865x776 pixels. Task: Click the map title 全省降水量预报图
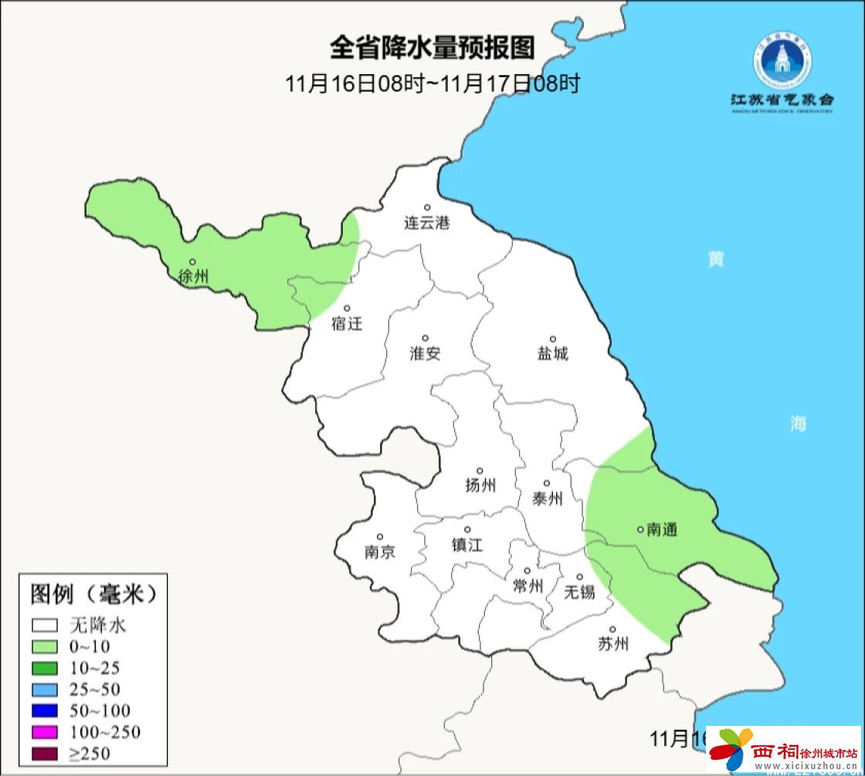click(x=432, y=48)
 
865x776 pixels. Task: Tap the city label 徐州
click(x=193, y=276)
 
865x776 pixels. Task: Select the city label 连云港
click(x=426, y=223)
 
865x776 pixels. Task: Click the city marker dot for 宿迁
click(x=348, y=308)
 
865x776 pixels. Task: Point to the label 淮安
click(x=425, y=354)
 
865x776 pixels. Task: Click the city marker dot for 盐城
click(x=553, y=339)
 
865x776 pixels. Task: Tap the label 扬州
click(x=480, y=485)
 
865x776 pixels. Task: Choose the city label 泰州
click(x=547, y=499)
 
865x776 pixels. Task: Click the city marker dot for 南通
click(x=639, y=529)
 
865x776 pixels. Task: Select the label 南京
click(x=379, y=552)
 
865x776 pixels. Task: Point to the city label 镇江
click(x=467, y=544)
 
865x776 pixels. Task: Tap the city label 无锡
click(x=579, y=591)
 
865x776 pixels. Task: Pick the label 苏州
click(x=613, y=644)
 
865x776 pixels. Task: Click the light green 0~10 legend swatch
click(x=46, y=646)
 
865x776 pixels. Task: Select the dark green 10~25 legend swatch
click(x=46, y=668)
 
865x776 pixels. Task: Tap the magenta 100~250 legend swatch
click(x=46, y=732)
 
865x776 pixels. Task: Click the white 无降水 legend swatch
click(x=46, y=625)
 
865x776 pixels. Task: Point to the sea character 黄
click(x=716, y=259)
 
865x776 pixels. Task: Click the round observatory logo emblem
click(x=782, y=62)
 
